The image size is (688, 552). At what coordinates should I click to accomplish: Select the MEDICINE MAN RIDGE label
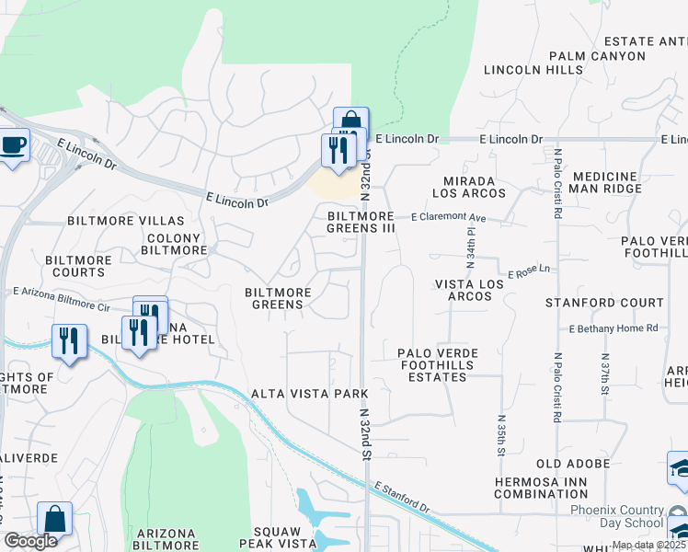point(617,182)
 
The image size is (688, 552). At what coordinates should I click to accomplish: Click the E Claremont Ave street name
point(448,218)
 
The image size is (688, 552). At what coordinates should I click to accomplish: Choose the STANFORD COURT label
point(603,303)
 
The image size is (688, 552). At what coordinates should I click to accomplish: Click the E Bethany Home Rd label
point(613,328)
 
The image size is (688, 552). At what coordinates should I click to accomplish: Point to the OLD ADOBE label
point(573,464)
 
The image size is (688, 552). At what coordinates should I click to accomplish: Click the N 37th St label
point(604,374)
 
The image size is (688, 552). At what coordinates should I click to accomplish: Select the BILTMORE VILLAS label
point(126,222)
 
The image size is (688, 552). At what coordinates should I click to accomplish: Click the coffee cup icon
point(13,145)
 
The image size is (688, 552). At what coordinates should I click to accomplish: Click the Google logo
point(30,541)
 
